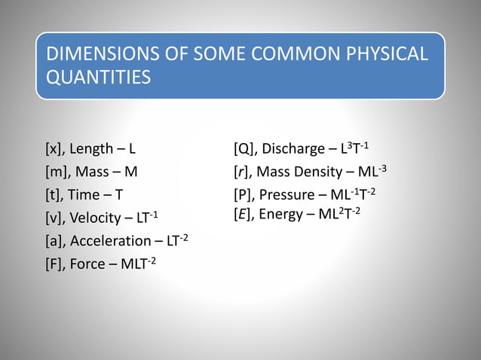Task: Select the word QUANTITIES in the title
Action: tap(97, 78)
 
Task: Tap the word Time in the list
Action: tap(83, 195)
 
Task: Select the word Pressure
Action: tap(286, 195)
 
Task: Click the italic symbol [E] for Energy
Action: tap(244, 214)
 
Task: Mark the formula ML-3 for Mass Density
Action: tap(374, 171)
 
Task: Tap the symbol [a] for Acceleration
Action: tap(55, 241)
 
